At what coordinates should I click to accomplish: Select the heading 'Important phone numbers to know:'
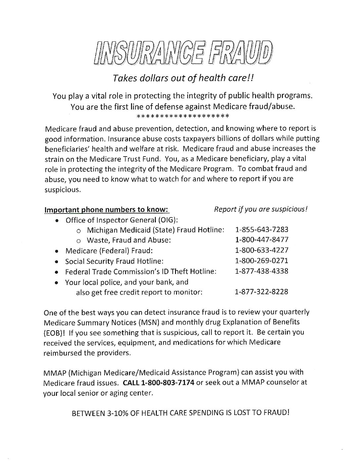coord(107,210)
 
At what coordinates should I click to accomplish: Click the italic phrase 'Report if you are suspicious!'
coord(261,210)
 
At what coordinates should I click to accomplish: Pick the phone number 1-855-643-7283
coord(261,229)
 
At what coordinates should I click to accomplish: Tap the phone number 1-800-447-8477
coord(261,240)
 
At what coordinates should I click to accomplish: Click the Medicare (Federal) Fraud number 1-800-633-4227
coord(261,250)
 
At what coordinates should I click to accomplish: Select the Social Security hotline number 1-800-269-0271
coord(261,261)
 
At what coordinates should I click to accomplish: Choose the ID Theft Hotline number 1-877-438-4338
coord(261,271)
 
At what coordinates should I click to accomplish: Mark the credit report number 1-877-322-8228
coord(261,292)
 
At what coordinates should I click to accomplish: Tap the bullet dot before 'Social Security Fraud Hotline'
coord(57,261)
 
